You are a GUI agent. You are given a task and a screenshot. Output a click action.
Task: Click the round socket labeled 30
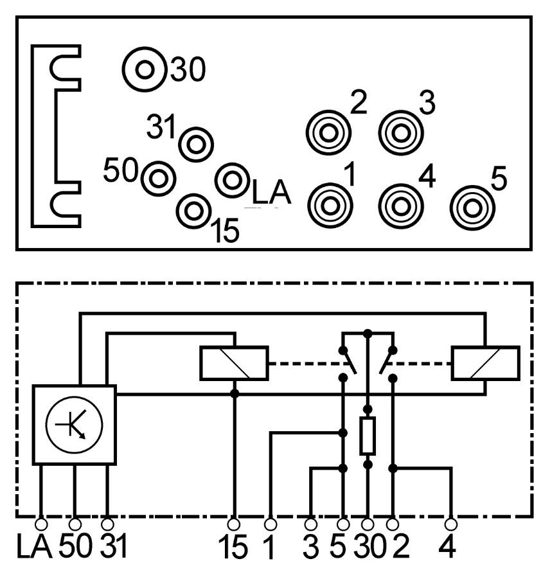(x=145, y=69)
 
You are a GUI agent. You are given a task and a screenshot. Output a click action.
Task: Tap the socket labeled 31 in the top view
(x=195, y=143)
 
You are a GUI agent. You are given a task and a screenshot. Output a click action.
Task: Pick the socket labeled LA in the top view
(x=231, y=180)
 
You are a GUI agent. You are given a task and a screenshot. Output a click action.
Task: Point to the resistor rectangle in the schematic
(x=368, y=436)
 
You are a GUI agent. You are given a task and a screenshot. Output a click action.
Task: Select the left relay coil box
(x=235, y=363)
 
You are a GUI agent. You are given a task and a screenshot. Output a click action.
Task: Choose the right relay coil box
(x=486, y=363)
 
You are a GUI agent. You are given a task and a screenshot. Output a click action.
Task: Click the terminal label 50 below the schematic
(x=76, y=548)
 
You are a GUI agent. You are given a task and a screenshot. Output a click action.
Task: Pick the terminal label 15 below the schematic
(x=235, y=548)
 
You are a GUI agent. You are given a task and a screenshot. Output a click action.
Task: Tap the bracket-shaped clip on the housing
(x=57, y=135)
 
